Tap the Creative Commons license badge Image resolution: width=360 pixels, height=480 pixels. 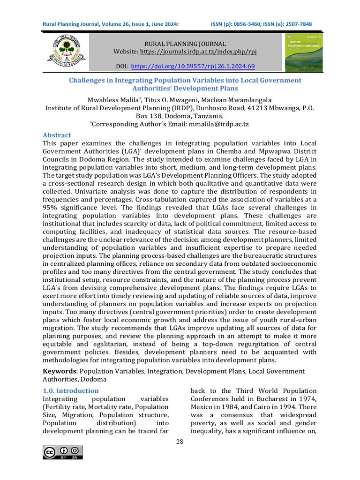[x=63, y=452]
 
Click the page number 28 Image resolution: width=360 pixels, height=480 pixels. [x=180, y=442]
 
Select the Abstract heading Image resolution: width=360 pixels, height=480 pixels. [x=57, y=135]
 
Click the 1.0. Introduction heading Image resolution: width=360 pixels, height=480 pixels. [x=71, y=390]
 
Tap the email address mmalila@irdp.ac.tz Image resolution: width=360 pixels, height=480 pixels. [x=218, y=124]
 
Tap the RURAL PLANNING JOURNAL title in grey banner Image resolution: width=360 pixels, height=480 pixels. [x=185, y=43]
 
